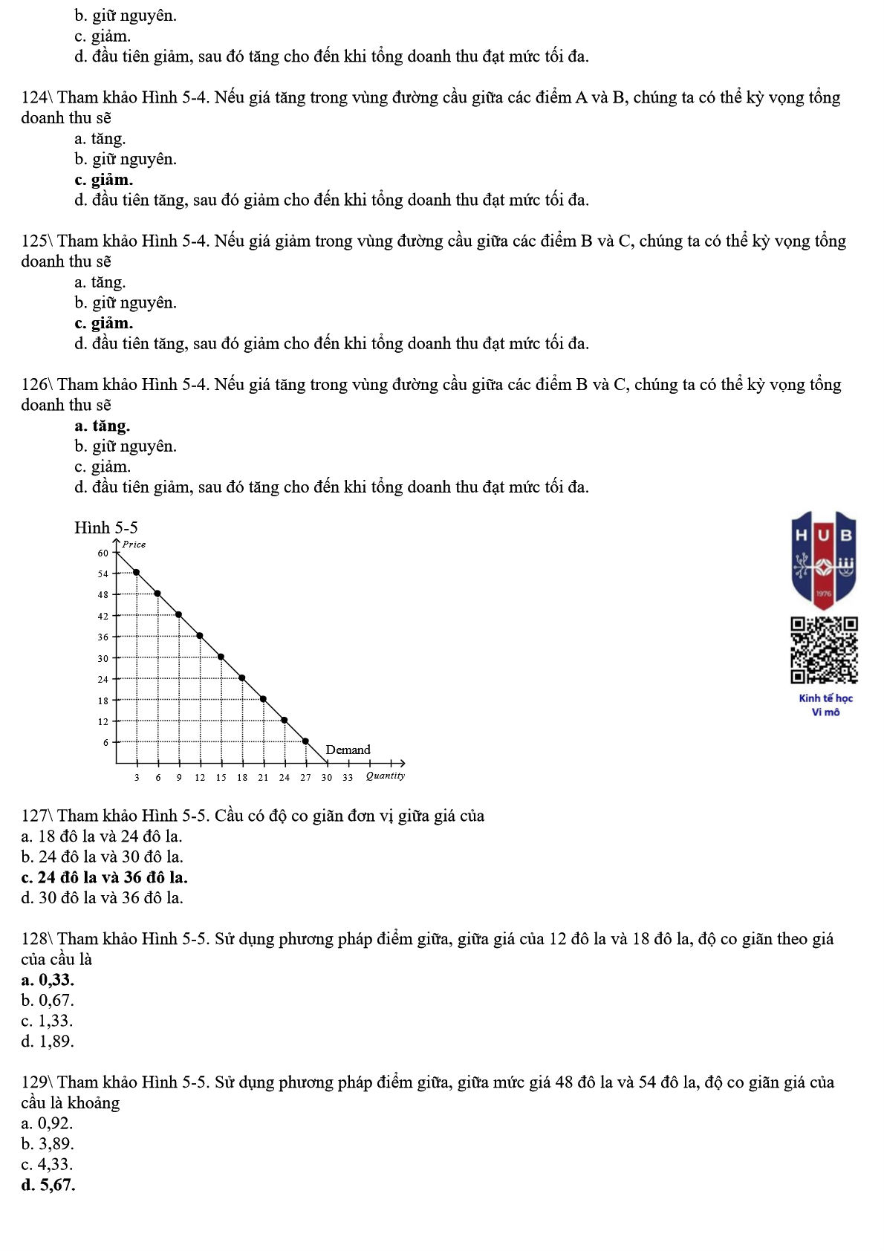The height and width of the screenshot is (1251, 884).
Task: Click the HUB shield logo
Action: (x=825, y=559)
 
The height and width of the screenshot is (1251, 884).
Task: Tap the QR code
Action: (x=825, y=650)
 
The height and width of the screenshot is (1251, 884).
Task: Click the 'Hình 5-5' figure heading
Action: (x=106, y=527)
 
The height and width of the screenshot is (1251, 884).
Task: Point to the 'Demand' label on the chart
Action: (x=348, y=750)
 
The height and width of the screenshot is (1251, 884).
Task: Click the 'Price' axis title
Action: (x=134, y=545)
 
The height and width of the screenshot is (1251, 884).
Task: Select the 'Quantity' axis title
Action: (x=386, y=776)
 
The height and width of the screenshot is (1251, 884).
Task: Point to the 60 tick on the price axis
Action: (x=103, y=553)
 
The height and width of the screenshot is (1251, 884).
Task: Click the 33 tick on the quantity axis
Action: (x=348, y=778)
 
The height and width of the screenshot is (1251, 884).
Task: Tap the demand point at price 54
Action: (x=136, y=572)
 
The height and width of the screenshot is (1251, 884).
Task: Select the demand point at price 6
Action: (x=305, y=741)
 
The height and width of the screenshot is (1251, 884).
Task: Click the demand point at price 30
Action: (x=221, y=657)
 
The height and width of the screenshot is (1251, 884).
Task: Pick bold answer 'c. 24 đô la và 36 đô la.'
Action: (x=105, y=877)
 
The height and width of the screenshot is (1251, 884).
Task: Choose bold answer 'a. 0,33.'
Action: (x=48, y=980)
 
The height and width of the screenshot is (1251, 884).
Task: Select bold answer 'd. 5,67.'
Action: (x=48, y=1185)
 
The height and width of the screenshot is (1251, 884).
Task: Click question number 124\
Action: (x=37, y=97)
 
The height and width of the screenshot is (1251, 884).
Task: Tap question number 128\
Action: (x=37, y=939)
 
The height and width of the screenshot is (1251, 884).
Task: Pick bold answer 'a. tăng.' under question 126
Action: (x=102, y=426)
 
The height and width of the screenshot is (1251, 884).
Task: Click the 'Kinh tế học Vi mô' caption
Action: (x=825, y=705)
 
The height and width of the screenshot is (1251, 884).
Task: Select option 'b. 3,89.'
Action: (x=48, y=1144)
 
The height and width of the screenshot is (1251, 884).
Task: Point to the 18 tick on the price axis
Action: (x=103, y=701)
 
